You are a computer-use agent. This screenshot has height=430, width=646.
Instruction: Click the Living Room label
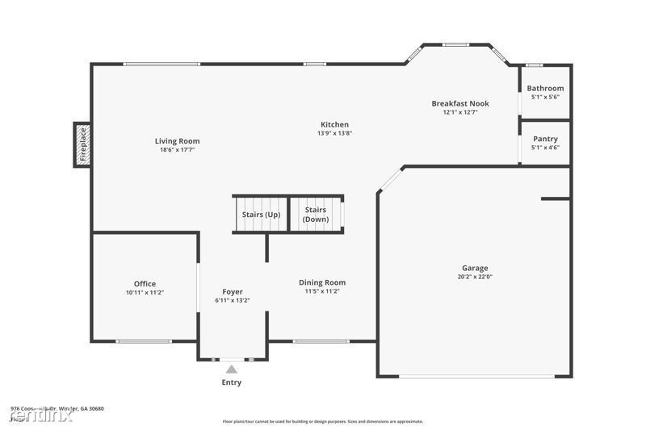tap(177, 141)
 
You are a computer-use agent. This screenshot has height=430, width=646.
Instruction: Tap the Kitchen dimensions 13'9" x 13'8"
tap(334, 133)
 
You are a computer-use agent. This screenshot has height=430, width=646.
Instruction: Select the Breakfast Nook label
tap(460, 103)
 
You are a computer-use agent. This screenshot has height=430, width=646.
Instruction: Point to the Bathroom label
tap(545, 88)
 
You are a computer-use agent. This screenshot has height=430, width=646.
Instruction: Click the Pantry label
tap(545, 139)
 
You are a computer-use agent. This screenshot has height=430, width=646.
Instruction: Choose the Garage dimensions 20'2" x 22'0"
tap(475, 277)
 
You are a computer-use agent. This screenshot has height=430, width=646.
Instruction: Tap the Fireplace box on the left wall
tap(82, 144)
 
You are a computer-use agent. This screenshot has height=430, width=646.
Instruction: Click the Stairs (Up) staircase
tap(261, 215)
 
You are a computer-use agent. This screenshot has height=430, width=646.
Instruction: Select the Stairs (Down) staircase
tap(316, 215)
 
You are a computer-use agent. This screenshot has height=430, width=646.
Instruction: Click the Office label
tap(145, 284)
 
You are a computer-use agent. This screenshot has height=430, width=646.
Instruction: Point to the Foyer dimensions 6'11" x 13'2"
tap(233, 300)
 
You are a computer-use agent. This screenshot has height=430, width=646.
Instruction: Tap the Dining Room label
tap(322, 282)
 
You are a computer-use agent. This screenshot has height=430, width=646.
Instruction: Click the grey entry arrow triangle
tap(232, 369)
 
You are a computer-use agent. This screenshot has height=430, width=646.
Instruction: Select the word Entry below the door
tap(232, 382)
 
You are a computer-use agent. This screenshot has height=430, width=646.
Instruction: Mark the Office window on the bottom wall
tap(144, 341)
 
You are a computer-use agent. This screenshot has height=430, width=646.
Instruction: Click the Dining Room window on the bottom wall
tap(315, 341)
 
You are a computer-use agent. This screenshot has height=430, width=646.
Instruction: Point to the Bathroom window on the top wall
tap(534, 65)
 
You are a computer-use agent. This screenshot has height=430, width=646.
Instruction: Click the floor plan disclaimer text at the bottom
tap(322, 421)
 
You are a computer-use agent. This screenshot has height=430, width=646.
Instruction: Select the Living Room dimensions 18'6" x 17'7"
tap(177, 150)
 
